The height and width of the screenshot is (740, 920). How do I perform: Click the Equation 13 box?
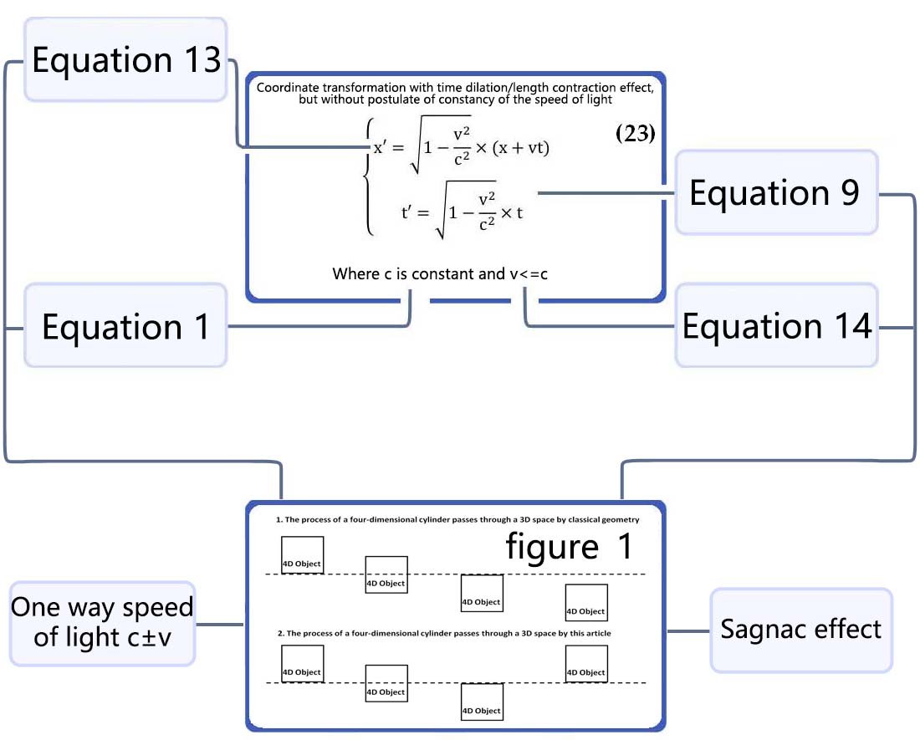(x=125, y=60)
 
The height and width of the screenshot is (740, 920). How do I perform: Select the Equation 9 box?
(x=775, y=192)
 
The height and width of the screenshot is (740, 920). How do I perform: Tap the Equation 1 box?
(x=125, y=326)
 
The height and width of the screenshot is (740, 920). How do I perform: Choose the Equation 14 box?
(x=777, y=325)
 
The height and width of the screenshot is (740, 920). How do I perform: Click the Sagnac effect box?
(x=800, y=629)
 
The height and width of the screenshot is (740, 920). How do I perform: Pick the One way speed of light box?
(x=102, y=622)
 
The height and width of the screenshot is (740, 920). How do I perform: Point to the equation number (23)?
(x=635, y=134)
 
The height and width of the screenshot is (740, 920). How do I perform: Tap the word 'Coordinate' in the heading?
(x=294, y=87)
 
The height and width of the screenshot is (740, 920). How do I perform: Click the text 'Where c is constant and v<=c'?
(x=440, y=273)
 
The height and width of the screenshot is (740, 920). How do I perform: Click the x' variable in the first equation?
(x=384, y=147)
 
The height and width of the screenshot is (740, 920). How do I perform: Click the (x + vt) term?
(x=521, y=147)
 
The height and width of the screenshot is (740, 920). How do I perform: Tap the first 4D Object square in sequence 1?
(x=302, y=556)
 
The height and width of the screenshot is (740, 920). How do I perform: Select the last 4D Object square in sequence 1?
(x=585, y=603)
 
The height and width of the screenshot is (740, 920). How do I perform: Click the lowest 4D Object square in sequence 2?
(x=482, y=702)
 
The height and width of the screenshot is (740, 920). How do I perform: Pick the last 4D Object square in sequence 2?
(x=585, y=664)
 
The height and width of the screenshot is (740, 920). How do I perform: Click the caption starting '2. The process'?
(x=444, y=633)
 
